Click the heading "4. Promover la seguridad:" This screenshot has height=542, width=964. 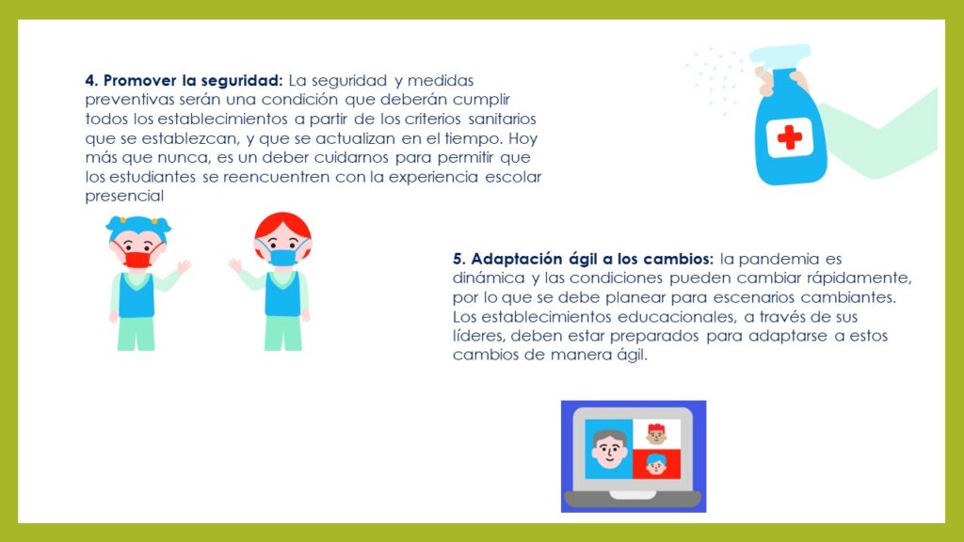tap(184, 81)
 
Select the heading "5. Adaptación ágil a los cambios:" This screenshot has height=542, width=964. tap(583, 259)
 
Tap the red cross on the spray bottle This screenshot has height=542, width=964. tap(790, 137)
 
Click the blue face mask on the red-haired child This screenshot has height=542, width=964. tap(282, 256)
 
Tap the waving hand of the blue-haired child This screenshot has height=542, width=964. tap(184, 266)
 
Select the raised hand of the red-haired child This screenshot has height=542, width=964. tap(234, 266)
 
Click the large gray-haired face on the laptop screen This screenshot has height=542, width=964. tap(609, 449)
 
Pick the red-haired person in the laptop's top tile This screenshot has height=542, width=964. tap(656, 434)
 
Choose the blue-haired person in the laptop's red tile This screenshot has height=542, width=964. tap(656, 464)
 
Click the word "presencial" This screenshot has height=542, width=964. tap(124, 197)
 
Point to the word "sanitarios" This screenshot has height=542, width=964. tap(502, 119)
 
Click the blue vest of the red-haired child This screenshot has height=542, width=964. tap(282, 294)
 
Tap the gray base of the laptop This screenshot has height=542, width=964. tap(634, 499)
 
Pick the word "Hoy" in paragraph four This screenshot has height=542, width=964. tap(522, 139)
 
